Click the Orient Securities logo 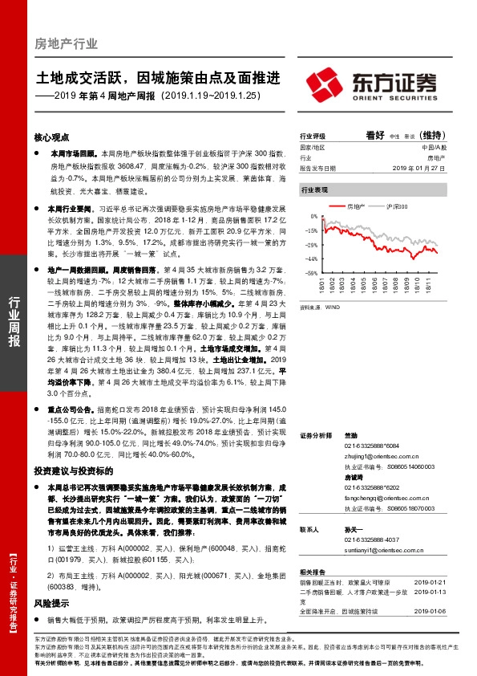[377, 83]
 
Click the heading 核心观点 [51, 136]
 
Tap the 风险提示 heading [51, 603]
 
